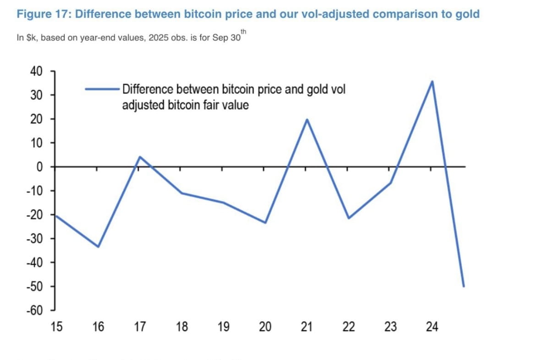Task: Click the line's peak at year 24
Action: [x=432, y=82]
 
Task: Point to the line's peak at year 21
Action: [x=307, y=120]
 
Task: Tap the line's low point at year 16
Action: [x=98, y=246]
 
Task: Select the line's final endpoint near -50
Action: [x=464, y=286]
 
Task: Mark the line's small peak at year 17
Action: [x=140, y=157]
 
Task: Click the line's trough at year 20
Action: [x=265, y=223]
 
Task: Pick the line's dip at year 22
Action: [x=349, y=218]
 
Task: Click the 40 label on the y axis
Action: [x=36, y=71]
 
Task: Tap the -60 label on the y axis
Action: [x=35, y=311]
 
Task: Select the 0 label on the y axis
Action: [x=40, y=167]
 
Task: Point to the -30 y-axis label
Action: [x=35, y=239]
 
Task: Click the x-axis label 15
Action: [x=57, y=327]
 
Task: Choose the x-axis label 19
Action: [x=224, y=327]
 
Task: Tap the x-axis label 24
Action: [x=432, y=327]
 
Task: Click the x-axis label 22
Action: [x=349, y=327]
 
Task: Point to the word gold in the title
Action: [x=467, y=14]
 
